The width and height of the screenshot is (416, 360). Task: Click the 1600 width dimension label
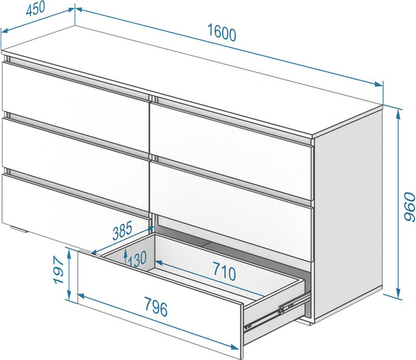point(222,33)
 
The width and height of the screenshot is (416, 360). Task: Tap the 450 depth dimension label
point(35,8)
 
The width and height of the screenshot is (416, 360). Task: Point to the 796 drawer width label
point(156,307)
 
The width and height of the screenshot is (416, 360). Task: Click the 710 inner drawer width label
point(224,271)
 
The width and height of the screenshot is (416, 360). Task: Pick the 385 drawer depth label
point(122,230)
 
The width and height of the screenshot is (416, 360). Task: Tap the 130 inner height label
point(137,259)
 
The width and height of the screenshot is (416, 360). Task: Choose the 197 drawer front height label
point(59,270)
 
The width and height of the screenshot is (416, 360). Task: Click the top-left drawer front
point(76,106)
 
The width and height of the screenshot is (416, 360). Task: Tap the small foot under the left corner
point(19,230)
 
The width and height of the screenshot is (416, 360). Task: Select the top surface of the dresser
point(191,80)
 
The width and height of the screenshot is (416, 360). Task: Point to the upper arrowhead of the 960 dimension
point(398,114)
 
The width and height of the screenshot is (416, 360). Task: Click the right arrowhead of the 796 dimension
point(234,347)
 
